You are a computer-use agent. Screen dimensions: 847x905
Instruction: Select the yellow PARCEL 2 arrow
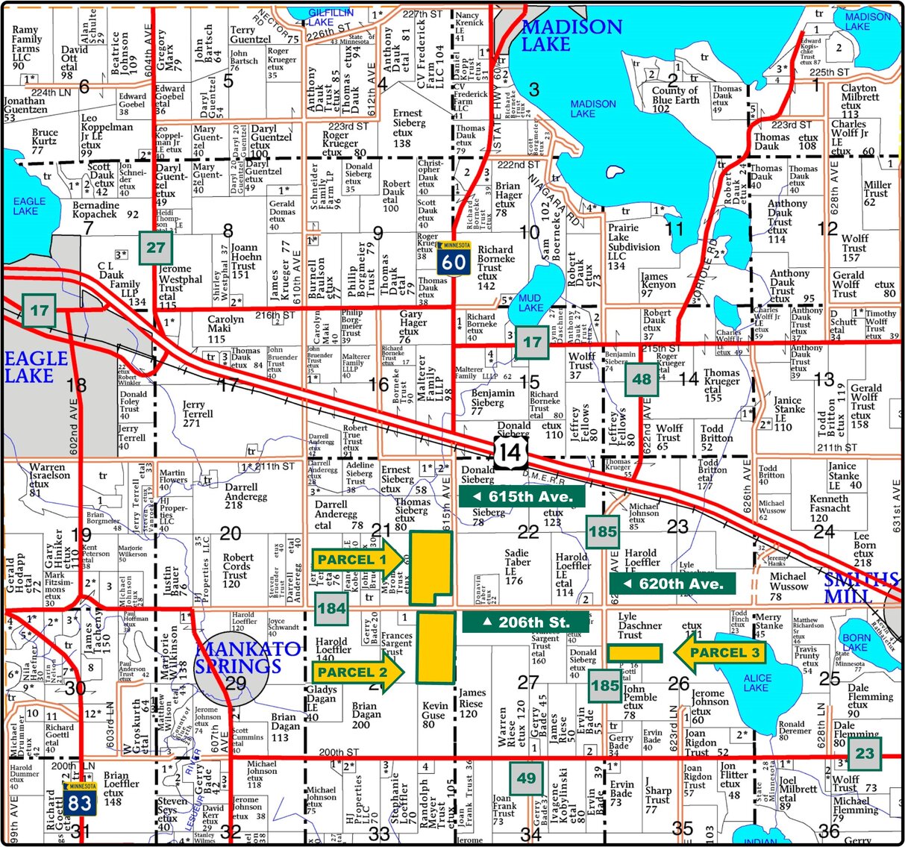click(x=358, y=672)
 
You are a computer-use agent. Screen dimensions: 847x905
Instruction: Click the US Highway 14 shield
click(x=510, y=452)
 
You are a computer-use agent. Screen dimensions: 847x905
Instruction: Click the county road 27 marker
click(x=156, y=248)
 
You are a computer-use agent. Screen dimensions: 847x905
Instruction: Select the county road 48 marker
click(x=642, y=378)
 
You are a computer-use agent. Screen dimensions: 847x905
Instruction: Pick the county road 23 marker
click(x=864, y=753)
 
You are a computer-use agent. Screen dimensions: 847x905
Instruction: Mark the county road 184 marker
click(x=331, y=608)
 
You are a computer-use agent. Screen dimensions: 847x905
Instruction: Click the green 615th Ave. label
click(x=522, y=496)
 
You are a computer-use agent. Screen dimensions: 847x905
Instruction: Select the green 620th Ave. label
click(x=672, y=584)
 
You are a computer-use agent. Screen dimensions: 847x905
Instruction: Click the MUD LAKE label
click(x=530, y=303)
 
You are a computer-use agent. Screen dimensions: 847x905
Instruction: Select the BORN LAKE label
click(x=856, y=643)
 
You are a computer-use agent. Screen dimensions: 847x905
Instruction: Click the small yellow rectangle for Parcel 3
click(x=634, y=653)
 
